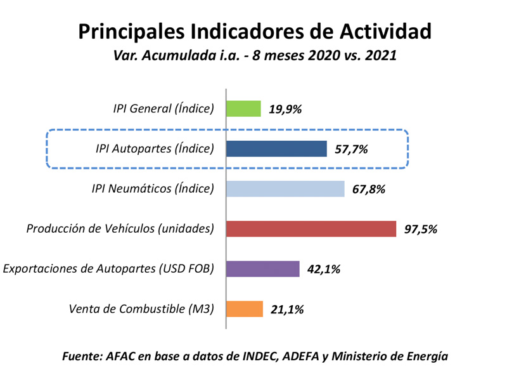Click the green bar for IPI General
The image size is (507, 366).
[x=244, y=108]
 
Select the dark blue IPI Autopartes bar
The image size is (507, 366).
[x=277, y=148]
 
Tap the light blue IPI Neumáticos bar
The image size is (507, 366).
[x=286, y=188]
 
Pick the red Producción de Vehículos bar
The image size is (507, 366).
[x=311, y=228]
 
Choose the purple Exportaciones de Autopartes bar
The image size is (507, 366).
[x=263, y=269]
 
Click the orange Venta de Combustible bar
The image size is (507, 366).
[x=245, y=309]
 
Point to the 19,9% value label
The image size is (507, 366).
[x=285, y=109]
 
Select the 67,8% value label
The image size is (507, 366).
[x=369, y=189]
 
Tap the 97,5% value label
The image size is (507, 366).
[x=421, y=229]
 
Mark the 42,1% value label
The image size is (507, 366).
[x=324, y=270]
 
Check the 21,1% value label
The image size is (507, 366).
[x=287, y=310]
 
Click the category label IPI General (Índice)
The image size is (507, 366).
[x=159, y=108]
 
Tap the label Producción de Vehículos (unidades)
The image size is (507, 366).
[x=120, y=228]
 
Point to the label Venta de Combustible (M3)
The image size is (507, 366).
[x=141, y=309]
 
